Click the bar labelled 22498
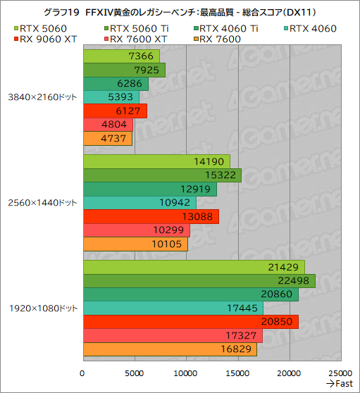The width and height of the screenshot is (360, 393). [x=199, y=281]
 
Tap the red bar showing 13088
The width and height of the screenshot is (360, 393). [x=151, y=216]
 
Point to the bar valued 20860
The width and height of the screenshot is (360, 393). [x=190, y=294]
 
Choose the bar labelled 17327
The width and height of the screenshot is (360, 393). [x=173, y=335]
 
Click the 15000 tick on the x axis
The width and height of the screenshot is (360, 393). [x=237, y=373]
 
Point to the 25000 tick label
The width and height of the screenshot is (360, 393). [x=340, y=373]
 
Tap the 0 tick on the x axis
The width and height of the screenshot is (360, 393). [x=83, y=373]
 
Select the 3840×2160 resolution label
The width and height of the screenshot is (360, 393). [x=42, y=97]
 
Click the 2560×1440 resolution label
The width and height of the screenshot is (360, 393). [x=42, y=203]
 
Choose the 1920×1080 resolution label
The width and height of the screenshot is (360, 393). [x=42, y=308]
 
